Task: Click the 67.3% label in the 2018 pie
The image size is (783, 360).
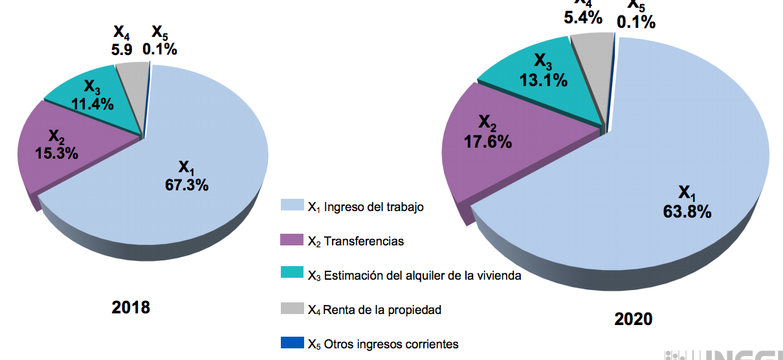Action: click(x=187, y=186)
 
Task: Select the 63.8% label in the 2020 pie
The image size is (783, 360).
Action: click(x=687, y=212)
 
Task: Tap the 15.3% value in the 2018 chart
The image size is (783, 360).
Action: click(x=57, y=153)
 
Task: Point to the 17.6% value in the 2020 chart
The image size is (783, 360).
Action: click(x=488, y=141)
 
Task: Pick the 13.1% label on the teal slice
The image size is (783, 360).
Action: click(x=543, y=80)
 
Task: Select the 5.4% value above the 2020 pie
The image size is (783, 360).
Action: click(x=583, y=17)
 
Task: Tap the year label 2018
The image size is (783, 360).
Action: click(x=131, y=307)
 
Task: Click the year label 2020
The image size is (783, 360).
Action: click(x=634, y=319)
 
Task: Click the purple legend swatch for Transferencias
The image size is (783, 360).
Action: click(x=292, y=240)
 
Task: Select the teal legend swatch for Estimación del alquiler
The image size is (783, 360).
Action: click(x=292, y=274)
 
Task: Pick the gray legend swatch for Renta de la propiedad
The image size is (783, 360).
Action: click(x=292, y=308)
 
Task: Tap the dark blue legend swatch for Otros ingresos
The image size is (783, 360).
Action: click(x=292, y=343)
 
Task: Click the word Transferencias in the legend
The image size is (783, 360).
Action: click(x=364, y=242)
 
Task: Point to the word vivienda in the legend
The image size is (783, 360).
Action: click(x=499, y=276)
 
